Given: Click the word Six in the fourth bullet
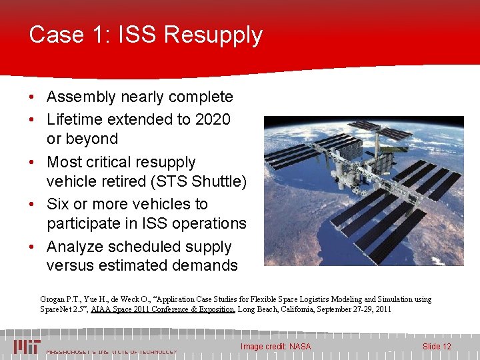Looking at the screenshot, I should point(60,204).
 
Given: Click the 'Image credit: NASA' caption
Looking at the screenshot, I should point(275,346).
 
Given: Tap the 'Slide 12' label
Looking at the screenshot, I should point(437,346).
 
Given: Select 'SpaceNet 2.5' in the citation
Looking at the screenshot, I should point(67,309).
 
